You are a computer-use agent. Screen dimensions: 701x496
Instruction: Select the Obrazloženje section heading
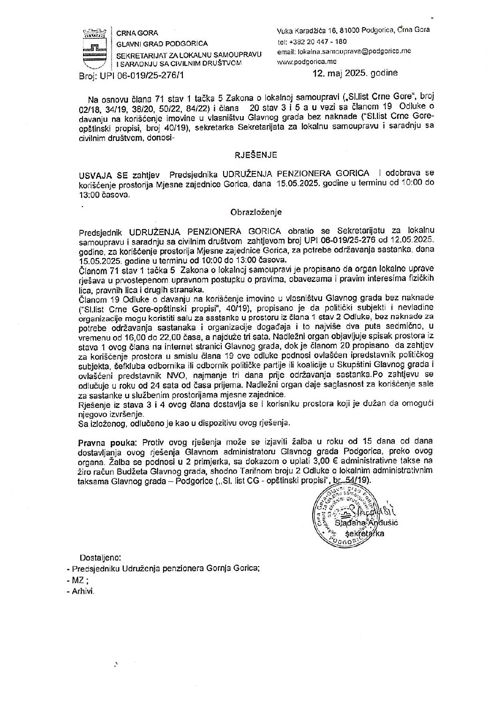tap(256, 212)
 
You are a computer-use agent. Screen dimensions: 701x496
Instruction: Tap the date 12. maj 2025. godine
tap(356, 73)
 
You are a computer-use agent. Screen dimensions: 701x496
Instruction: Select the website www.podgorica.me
tap(307, 61)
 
